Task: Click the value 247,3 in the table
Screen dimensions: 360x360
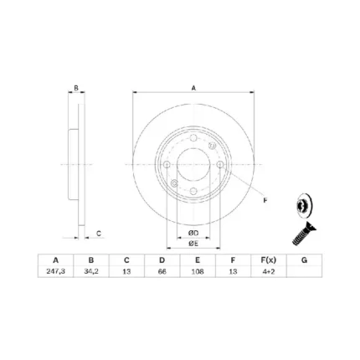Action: (55, 271)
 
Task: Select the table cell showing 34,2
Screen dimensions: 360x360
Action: (91, 271)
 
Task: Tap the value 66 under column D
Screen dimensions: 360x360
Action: (162, 271)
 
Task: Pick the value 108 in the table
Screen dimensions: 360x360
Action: (198, 271)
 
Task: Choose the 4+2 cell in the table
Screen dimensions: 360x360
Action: (268, 271)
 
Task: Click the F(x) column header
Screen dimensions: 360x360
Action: (268, 260)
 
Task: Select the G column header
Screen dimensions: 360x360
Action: (304, 260)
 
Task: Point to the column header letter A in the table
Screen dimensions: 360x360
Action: (55, 260)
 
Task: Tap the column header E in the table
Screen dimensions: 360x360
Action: (198, 260)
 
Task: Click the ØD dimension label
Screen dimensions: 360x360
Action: (193, 233)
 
